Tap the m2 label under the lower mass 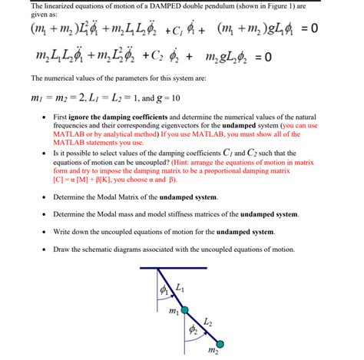pos(213,352)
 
